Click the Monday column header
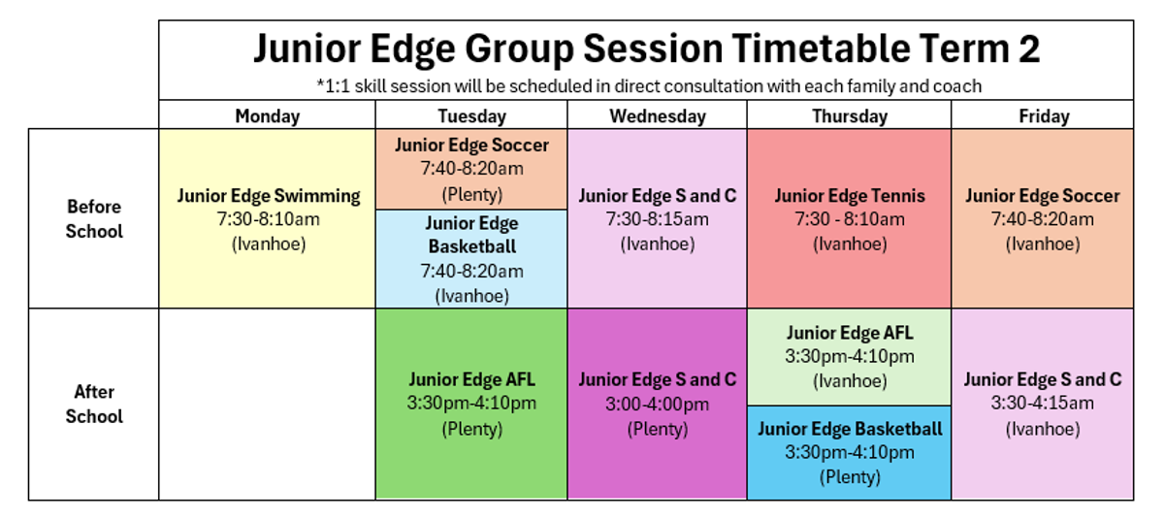(267, 115)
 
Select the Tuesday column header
(471, 115)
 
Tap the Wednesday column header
(658, 115)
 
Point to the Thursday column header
(850, 115)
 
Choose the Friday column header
(1044, 115)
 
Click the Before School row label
(94, 218)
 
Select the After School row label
(94, 405)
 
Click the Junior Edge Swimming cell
(267, 218)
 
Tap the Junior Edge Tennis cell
(850, 218)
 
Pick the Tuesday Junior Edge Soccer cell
(471, 170)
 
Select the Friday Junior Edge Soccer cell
(1043, 218)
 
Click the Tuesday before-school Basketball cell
(471, 259)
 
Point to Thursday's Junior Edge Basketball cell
(850, 453)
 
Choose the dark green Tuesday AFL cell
(471, 405)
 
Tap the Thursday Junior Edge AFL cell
(850, 357)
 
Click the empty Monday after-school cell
(267, 405)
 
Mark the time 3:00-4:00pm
(658, 405)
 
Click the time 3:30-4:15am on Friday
(1043, 404)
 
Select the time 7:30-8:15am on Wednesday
(658, 219)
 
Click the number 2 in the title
(1028, 49)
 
